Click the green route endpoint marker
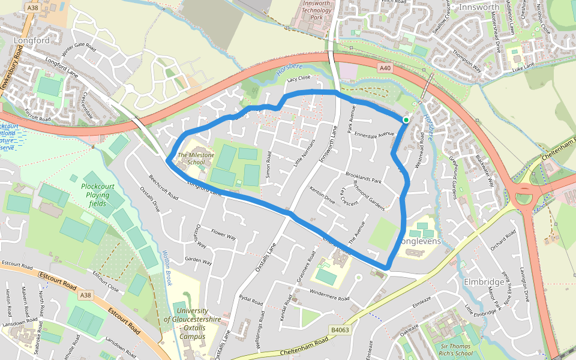point(406,120)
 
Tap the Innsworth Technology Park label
point(317,11)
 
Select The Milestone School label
point(191,158)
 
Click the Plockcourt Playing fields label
point(96,195)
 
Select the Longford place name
point(31,41)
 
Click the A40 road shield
point(385,69)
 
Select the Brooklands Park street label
point(364,178)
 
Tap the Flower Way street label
point(224,234)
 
